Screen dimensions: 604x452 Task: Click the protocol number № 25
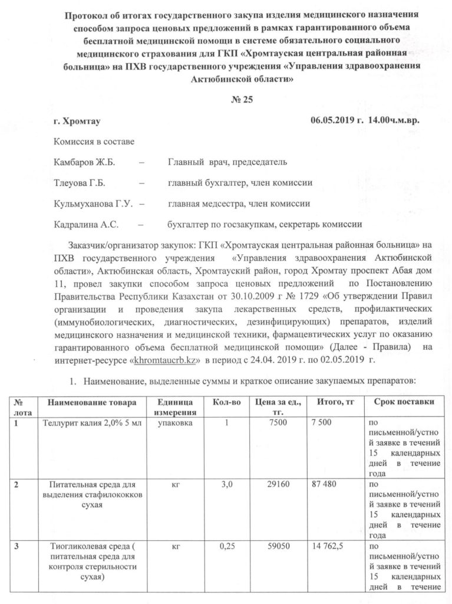coord(241,99)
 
